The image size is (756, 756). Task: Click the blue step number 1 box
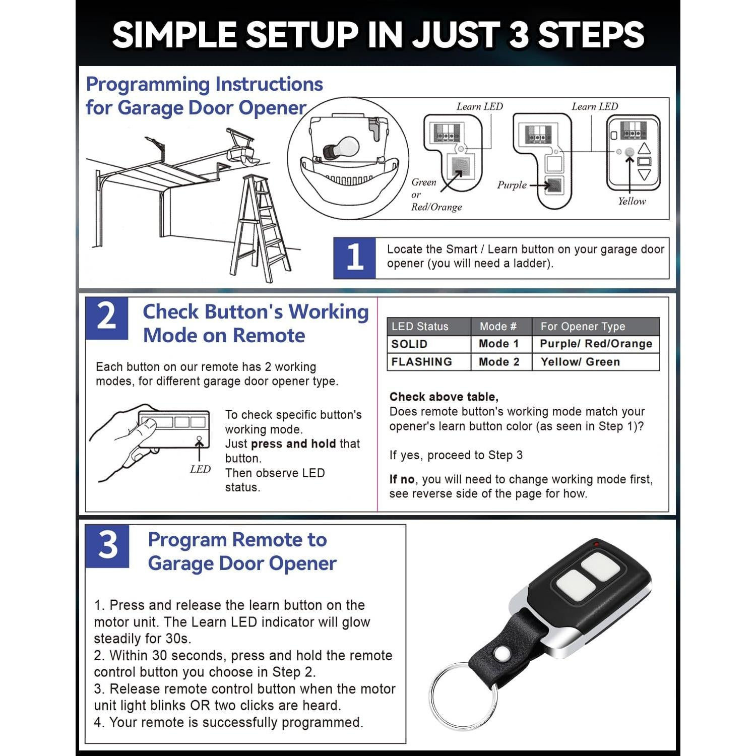[354, 258]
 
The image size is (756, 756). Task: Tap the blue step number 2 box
[106, 318]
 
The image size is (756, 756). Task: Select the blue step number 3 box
[107, 546]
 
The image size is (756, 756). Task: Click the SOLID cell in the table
[409, 344]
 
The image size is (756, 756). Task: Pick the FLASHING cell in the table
[421, 362]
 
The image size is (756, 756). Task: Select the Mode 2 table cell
[498, 362]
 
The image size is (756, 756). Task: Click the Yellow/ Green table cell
[580, 362]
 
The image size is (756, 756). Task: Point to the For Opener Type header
[583, 327]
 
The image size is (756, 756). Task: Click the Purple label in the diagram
[512, 185]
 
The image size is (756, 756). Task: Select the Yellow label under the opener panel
[632, 201]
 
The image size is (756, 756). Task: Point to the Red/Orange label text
[436, 207]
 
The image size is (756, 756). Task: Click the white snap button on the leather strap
[501, 654]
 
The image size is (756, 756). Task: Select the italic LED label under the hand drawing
[200, 469]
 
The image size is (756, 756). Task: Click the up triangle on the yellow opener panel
[644, 149]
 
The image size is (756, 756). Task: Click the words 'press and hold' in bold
[293, 444]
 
